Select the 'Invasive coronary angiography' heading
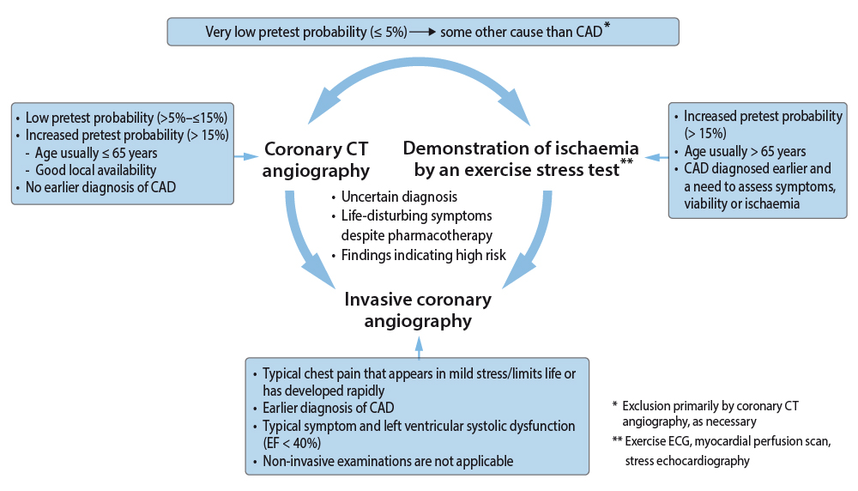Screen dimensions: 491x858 tap(418, 311)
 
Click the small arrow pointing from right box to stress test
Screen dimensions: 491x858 tap(656, 158)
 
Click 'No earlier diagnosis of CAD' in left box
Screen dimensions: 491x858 tap(100, 187)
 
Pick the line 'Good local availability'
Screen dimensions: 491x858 tap(96, 170)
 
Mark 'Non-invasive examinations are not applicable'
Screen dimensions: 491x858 tap(388, 461)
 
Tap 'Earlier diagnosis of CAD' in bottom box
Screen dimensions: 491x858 tap(328, 408)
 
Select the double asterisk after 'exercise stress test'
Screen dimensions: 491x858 tap(626, 161)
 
